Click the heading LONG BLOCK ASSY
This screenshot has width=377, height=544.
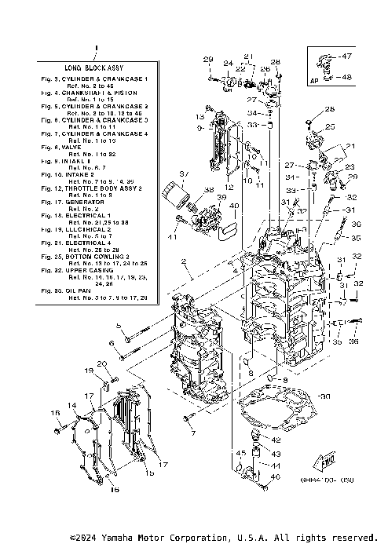pyautogui.click(x=94, y=69)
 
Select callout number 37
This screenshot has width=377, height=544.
pyautogui.click(x=183, y=173)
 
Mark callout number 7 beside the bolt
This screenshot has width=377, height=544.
pyautogui.click(x=193, y=433)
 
